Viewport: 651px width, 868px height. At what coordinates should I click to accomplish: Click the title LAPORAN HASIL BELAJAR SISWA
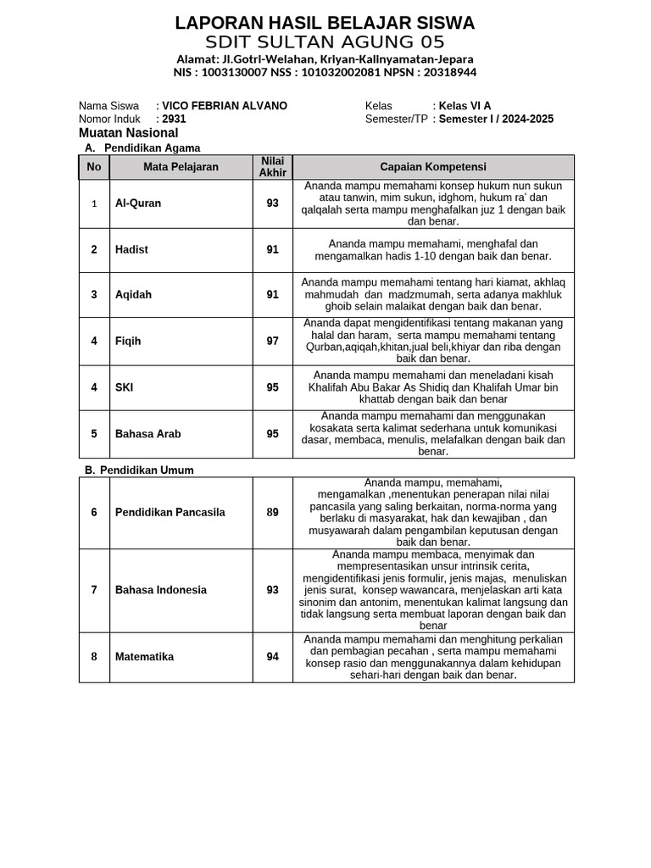[325, 23]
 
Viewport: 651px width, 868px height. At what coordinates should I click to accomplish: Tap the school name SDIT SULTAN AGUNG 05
[325, 42]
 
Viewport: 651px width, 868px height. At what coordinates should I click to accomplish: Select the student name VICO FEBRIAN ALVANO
[224, 106]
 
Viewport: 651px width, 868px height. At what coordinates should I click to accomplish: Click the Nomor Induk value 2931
[174, 120]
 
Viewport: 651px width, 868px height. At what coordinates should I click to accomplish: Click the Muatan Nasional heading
[128, 133]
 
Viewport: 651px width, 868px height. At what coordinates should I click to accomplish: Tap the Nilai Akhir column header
[272, 167]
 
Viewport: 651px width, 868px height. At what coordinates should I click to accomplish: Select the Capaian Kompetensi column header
[433, 167]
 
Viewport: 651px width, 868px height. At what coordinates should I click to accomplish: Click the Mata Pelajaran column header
[181, 167]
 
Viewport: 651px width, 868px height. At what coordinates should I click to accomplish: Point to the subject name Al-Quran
[138, 203]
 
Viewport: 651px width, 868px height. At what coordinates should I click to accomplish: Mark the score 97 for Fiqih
[272, 341]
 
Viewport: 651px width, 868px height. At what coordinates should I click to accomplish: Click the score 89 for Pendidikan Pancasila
[272, 512]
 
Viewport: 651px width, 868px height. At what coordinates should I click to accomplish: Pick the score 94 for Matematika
[272, 657]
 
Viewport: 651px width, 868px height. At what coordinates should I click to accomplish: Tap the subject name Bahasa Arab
[148, 434]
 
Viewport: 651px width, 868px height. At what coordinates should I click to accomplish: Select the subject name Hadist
[131, 250]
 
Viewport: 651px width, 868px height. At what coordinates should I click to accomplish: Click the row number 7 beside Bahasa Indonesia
[94, 590]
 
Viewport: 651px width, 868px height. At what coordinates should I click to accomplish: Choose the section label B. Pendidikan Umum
[139, 470]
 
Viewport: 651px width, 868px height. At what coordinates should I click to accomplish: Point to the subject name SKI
[124, 387]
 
